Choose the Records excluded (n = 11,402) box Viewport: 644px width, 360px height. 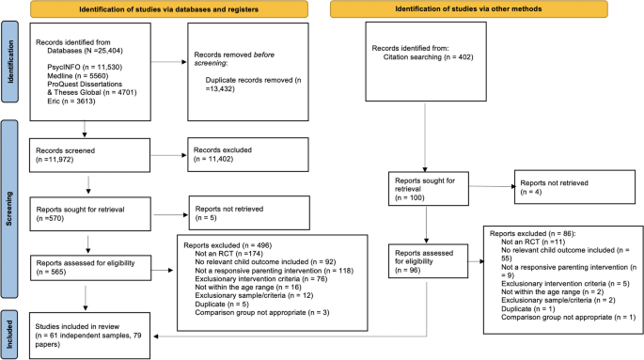pyautogui.click(x=235, y=156)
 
